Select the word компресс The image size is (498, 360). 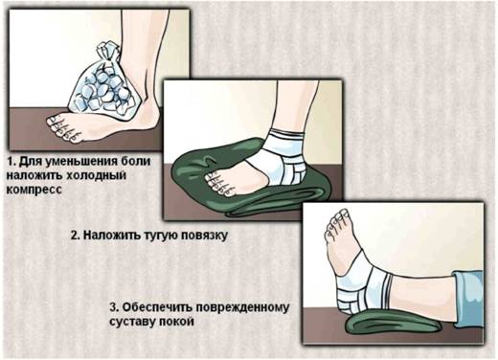(34, 190)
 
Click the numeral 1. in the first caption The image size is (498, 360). (11, 162)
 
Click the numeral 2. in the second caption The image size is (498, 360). (76, 236)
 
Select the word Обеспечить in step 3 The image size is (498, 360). (156, 307)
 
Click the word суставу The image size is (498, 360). (132, 322)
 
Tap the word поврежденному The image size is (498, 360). (241, 307)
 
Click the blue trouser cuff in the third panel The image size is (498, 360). (468, 299)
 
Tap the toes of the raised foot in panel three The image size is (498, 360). (338, 223)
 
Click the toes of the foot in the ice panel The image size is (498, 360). (63, 127)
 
